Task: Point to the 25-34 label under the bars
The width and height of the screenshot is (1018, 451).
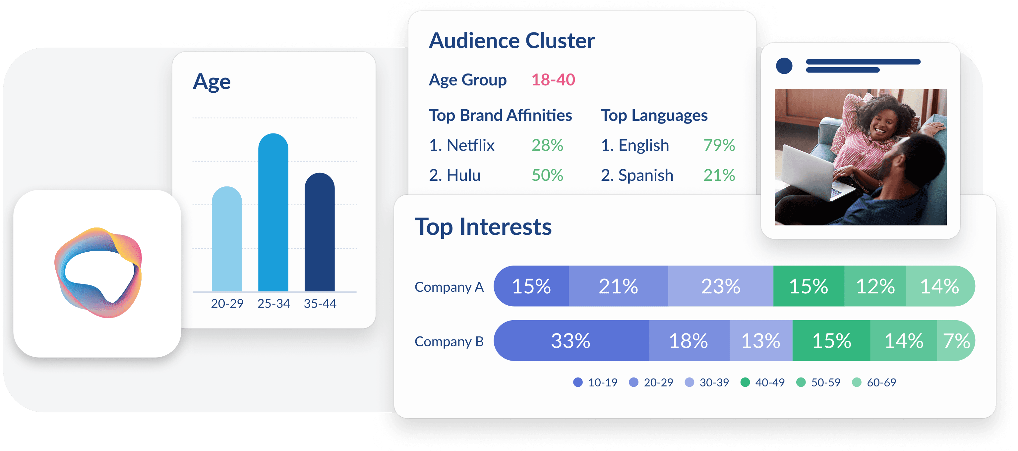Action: coord(273,303)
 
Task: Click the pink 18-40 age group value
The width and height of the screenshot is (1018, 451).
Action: coord(553,80)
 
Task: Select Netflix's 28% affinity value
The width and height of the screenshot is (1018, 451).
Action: coord(547,145)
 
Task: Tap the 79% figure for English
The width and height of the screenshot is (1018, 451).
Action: coord(719,145)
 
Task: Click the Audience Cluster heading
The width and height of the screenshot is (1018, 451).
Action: coord(511,41)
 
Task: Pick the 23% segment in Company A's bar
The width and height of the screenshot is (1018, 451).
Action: coord(720,286)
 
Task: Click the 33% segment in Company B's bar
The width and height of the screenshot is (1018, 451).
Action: coord(570,340)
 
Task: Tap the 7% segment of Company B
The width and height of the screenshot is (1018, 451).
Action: coord(956,340)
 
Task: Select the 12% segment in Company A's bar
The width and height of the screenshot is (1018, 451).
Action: coord(875,286)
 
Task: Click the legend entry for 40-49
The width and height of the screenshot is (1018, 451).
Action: coord(763,382)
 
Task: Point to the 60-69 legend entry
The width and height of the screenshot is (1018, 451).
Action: coord(874,382)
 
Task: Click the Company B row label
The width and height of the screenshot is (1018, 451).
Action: coord(449,341)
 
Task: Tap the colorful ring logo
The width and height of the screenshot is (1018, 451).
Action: coord(98,273)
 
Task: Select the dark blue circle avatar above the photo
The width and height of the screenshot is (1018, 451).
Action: coord(784,66)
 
